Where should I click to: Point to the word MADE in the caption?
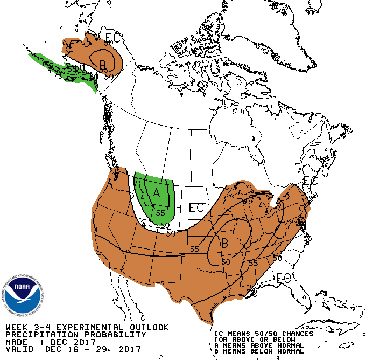click(16, 342)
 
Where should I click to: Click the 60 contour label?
click(226, 262)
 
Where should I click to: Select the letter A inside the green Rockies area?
click(157, 192)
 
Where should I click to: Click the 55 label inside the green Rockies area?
click(160, 213)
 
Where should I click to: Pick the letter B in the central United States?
click(224, 243)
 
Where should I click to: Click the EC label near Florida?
click(283, 279)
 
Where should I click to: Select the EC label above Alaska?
click(112, 38)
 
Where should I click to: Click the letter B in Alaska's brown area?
click(102, 65)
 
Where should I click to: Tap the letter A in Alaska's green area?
click(58, 71)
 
